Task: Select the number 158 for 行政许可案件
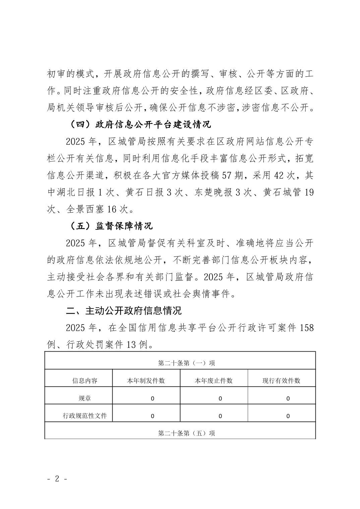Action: pos(307,328)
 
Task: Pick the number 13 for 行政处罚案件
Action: pos(130,344)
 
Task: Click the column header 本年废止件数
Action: pos(214,381)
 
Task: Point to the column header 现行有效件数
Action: pos(281,381)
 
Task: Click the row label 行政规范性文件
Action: pos(85,416)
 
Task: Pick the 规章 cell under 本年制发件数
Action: pos(153,398)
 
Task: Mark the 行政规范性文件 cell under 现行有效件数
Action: pos(288,416)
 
